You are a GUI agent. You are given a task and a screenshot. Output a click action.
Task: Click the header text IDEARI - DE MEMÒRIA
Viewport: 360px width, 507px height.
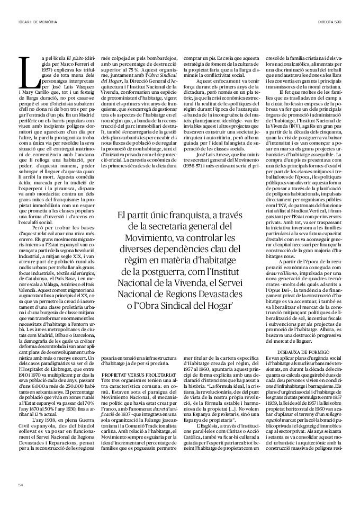click(x=38, y=21)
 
